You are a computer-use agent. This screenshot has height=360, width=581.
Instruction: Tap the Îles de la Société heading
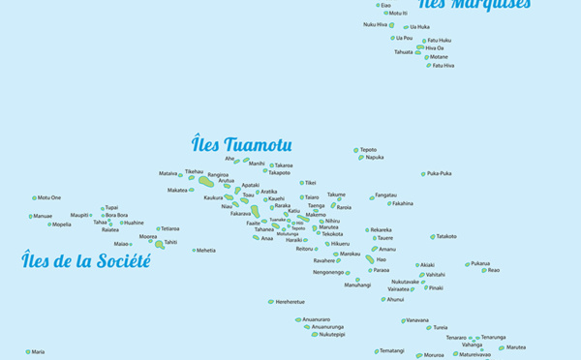point(87,261)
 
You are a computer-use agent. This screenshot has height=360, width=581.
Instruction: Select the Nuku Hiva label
point(375,24)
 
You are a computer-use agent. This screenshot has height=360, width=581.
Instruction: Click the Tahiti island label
point(170,242)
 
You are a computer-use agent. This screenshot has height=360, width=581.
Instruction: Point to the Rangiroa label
point(218,175)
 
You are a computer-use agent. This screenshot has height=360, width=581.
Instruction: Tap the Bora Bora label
point(116,215)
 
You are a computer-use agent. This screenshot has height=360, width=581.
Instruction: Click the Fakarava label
point(240,213)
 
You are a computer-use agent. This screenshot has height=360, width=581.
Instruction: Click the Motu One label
point(49,197)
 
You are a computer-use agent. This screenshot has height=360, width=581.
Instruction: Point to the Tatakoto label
point(445,236)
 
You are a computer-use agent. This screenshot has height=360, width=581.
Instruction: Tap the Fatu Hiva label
point(443,65)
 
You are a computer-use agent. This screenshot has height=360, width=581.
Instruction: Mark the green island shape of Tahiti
point(159,244)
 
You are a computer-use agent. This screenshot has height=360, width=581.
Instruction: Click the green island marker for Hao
point(370,259)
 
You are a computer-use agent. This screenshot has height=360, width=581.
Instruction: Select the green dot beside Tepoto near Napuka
point(356,150)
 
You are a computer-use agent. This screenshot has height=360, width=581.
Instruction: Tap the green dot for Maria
point(27,352)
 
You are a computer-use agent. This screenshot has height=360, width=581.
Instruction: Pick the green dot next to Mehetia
point(194,251)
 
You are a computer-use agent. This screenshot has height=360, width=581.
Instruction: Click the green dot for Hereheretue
point(271,301)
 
